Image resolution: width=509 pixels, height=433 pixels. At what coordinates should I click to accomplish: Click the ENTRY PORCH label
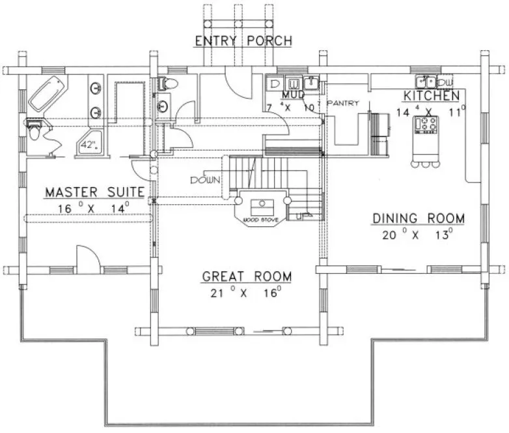(243, 42)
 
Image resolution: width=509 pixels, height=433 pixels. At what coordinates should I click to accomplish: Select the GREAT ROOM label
(247, 276)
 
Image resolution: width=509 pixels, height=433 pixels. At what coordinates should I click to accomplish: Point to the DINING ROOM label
(418, 218)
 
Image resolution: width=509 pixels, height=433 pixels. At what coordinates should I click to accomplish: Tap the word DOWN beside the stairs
(204, 180)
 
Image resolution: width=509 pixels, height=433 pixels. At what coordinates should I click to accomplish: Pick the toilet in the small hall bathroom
(167, 83)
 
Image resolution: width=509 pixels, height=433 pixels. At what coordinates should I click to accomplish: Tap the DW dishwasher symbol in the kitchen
(446, 83)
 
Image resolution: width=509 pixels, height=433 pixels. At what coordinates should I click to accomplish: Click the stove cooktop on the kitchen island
(428, 124)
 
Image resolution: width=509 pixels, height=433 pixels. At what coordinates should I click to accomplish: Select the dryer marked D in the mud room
(275, 83)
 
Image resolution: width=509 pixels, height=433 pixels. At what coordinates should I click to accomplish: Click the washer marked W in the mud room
(294, 83)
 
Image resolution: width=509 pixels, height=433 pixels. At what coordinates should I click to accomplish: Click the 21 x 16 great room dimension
(246, 293)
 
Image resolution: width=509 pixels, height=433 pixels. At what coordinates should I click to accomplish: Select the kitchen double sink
(429, 82)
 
